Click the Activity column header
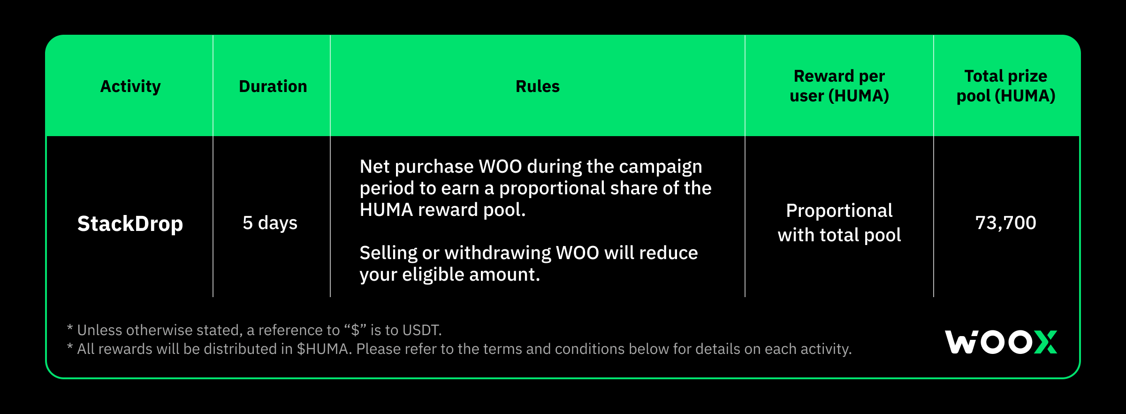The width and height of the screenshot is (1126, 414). [x=130, y=86]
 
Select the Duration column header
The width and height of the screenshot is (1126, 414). [x=273, y=86]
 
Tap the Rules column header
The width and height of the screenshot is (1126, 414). [x=538, y=86]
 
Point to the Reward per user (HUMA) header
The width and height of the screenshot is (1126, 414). [x=839, y=86]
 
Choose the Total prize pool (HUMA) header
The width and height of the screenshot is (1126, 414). [x=1006, y=86]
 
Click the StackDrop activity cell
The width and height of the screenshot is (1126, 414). [x=130, y=223]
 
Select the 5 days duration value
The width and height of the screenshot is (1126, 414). [x=270, y=223]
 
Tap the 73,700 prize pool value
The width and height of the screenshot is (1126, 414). [x=1006, y=223]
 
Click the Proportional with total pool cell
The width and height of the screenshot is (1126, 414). [x=839, y=223]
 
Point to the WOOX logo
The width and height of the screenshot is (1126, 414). [x=1001, y=342]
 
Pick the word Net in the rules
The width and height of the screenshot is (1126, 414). [x=374, y=167]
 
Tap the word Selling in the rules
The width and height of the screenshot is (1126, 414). [x=388, y=253]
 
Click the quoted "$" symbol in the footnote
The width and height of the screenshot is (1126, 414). [x=355, y=330]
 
